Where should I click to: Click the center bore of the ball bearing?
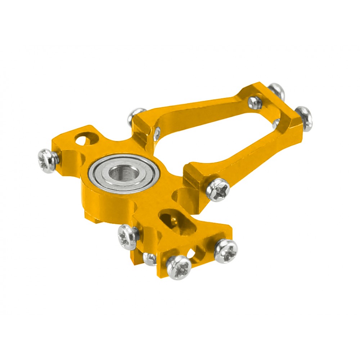coord(124,174)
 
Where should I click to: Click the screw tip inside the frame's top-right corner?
coord(255,102)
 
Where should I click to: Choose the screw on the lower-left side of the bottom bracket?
coord(128,236)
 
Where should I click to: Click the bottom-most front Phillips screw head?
coord(178,268)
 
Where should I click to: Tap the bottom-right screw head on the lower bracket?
coord(226,251)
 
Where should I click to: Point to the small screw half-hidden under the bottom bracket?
coord(149,258)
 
